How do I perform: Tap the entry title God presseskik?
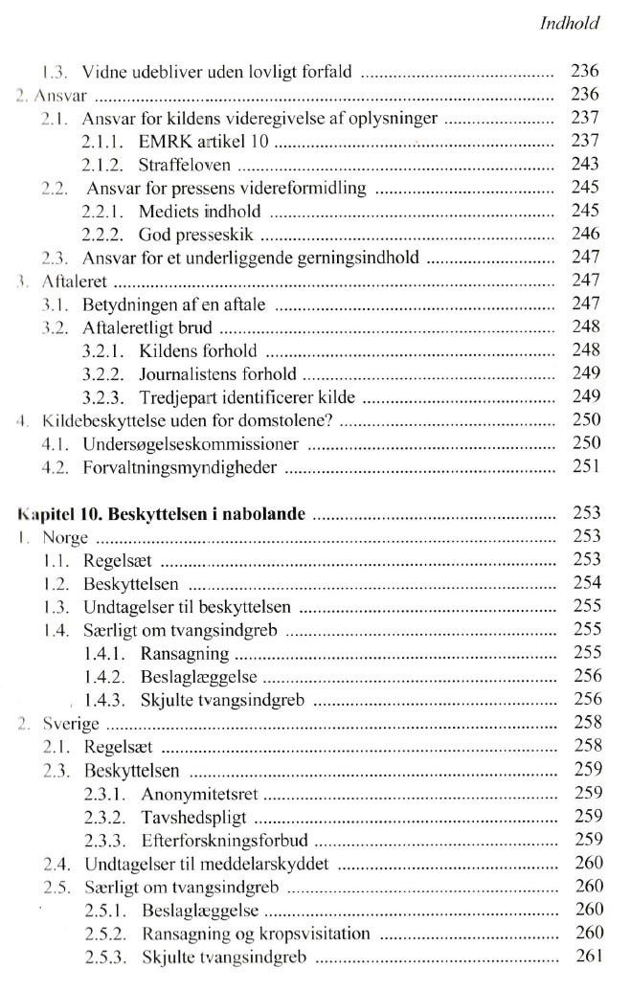199,235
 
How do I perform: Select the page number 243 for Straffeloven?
584,165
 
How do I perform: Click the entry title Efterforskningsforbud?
222,841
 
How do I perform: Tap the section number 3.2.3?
104,397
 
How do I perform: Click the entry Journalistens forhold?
217,374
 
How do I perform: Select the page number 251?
584,468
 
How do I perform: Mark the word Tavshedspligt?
195,817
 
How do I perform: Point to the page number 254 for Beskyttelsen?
584,584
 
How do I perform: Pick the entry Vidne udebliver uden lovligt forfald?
218,71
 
